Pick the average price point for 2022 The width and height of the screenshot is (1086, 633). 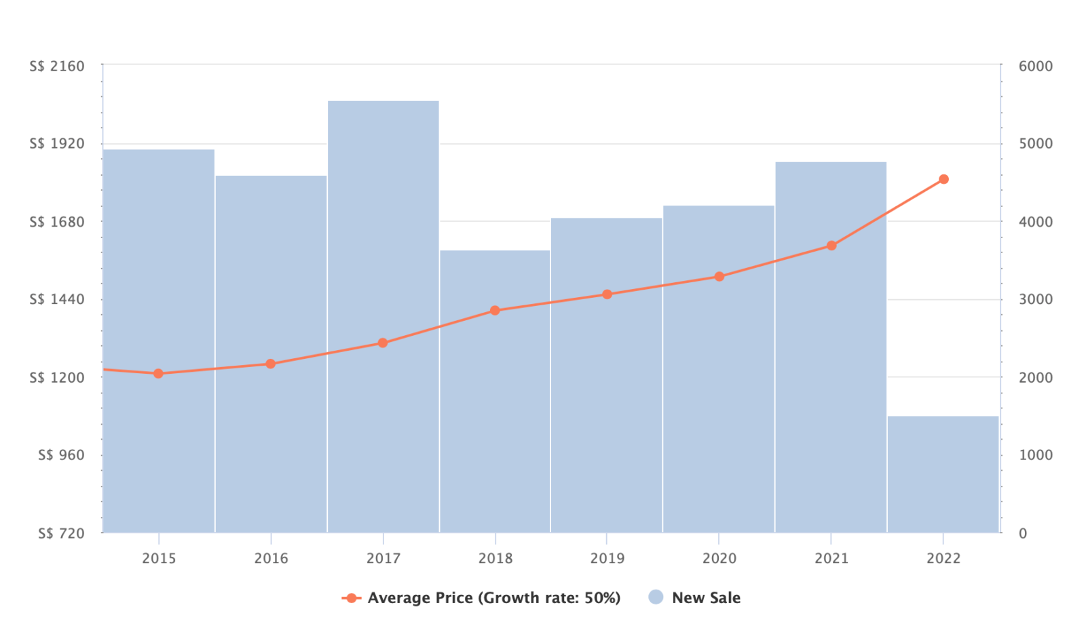click(943, 179)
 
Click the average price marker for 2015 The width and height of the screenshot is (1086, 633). click(158, 373)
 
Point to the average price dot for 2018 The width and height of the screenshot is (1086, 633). click(495, 310)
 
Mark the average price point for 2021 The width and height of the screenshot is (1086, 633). click(831, 246)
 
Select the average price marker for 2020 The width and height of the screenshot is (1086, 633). click(719, 276)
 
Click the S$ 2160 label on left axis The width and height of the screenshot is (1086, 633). click(57, 66)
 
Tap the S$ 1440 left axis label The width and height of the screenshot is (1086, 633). click(57, 299)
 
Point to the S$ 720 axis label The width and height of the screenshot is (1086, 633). click(61, 533)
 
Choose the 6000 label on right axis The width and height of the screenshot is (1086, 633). click(1035, 66)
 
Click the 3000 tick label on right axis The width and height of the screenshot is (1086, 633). click(1035, 299)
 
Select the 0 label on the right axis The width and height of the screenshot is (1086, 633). click(1023, 533)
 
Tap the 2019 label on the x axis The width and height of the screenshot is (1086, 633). click(607, 558)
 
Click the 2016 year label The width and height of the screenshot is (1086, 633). click(271, 558)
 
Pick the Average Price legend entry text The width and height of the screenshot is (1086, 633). click(493, 598)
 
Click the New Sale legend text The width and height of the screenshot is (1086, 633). click(706, 598)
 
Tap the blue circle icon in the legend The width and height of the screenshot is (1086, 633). click(656, 597)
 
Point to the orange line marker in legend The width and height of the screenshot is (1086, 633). click(351, 598)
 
